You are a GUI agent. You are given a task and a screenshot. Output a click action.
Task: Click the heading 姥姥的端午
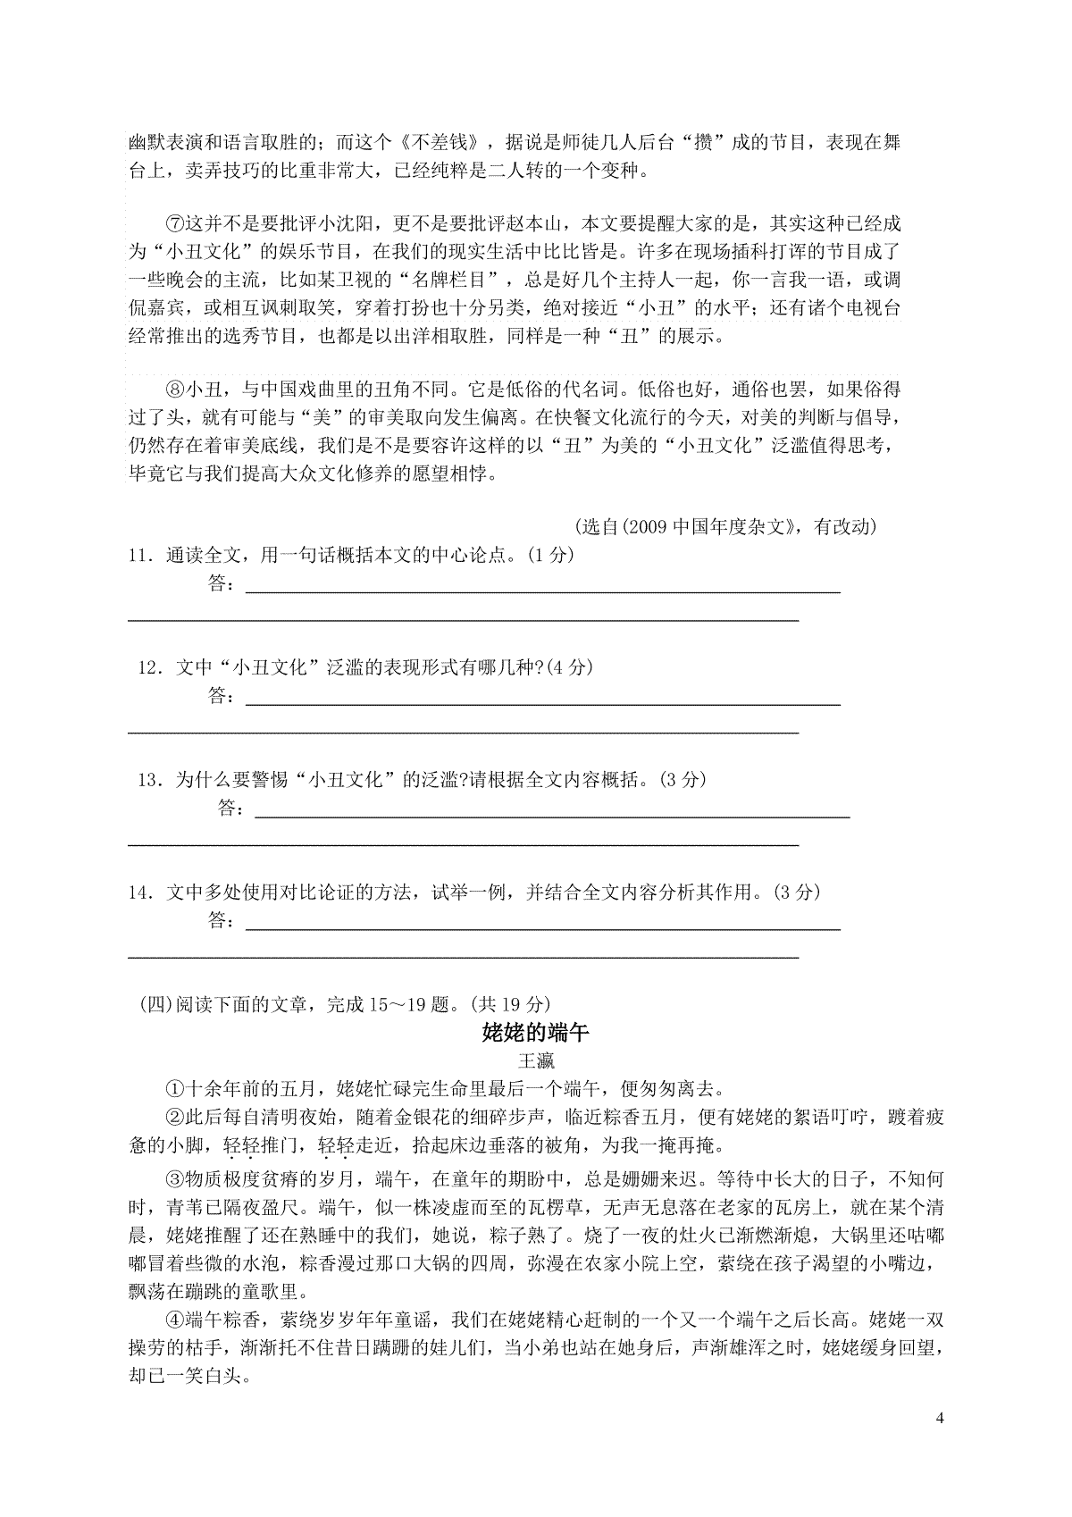point(535,1033)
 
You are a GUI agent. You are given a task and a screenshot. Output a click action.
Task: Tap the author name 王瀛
point(536,1061)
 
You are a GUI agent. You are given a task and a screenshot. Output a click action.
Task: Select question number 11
point(139,555)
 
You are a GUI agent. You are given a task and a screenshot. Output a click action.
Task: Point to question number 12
point(148,667)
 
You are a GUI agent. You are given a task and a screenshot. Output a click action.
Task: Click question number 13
point(148,780)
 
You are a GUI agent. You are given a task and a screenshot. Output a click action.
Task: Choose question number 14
point(139,893)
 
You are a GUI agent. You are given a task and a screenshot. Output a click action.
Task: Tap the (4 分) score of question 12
point(568,667)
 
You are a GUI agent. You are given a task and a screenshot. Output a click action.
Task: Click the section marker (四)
point(154,1004)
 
